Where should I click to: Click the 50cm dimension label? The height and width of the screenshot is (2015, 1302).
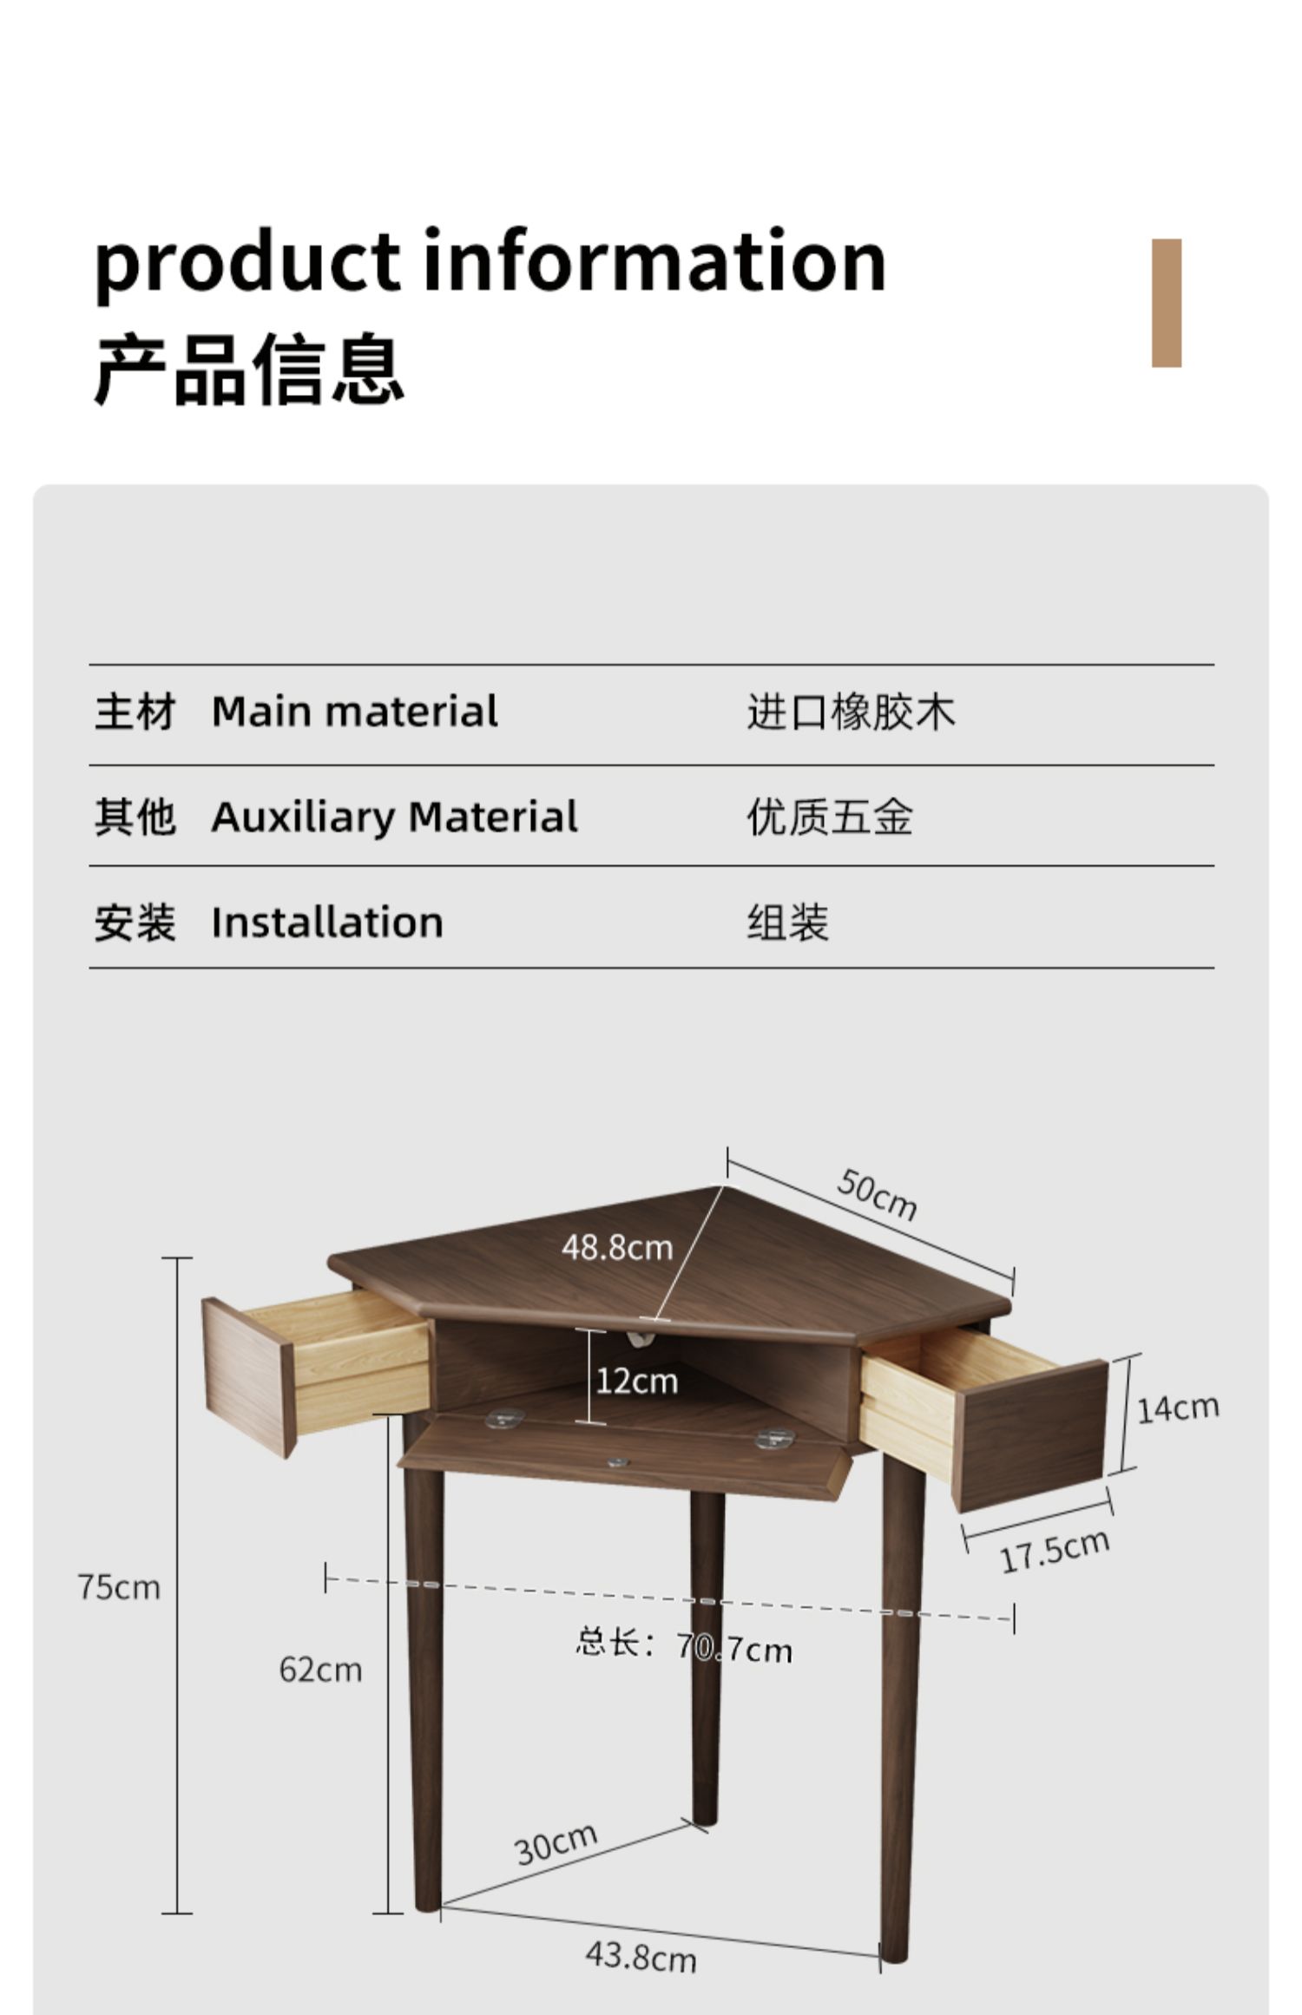click(x=877, y=1195)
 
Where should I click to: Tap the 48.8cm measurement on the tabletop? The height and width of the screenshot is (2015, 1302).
click(x=617, y=1248)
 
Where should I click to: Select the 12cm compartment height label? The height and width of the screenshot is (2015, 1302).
click(x=637, y=1380)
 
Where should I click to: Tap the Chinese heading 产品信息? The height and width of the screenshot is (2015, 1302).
click(x=249, y=370)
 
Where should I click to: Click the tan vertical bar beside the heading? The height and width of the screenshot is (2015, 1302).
click(x=1167, y=303)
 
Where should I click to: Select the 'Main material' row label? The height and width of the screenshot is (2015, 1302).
click(x=354, y=712)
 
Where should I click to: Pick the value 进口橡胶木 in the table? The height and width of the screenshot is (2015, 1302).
click(x=851, y=712)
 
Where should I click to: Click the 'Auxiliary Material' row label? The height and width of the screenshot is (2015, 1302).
click(x=394, y=817)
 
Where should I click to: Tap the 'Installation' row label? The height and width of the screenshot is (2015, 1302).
click(x=327, y=922)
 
